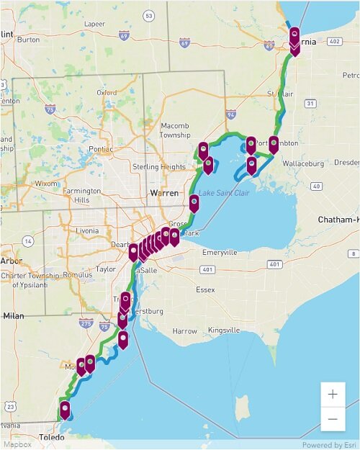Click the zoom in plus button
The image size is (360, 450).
coord(333,395)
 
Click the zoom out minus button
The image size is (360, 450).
coord(333,419)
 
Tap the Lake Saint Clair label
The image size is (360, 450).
coord(226,193)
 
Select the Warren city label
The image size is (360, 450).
coord(164,193)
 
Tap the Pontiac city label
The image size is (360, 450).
coord(101,149)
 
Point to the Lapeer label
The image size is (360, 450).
coord(95,24)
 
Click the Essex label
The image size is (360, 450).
coord(205,289)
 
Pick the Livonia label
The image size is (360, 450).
coord(86,230)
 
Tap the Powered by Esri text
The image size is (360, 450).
coord(328,445)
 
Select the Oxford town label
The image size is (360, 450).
coord(107,93)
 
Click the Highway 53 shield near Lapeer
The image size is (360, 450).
coord(148,15)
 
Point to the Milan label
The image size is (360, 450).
coord(13,315)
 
